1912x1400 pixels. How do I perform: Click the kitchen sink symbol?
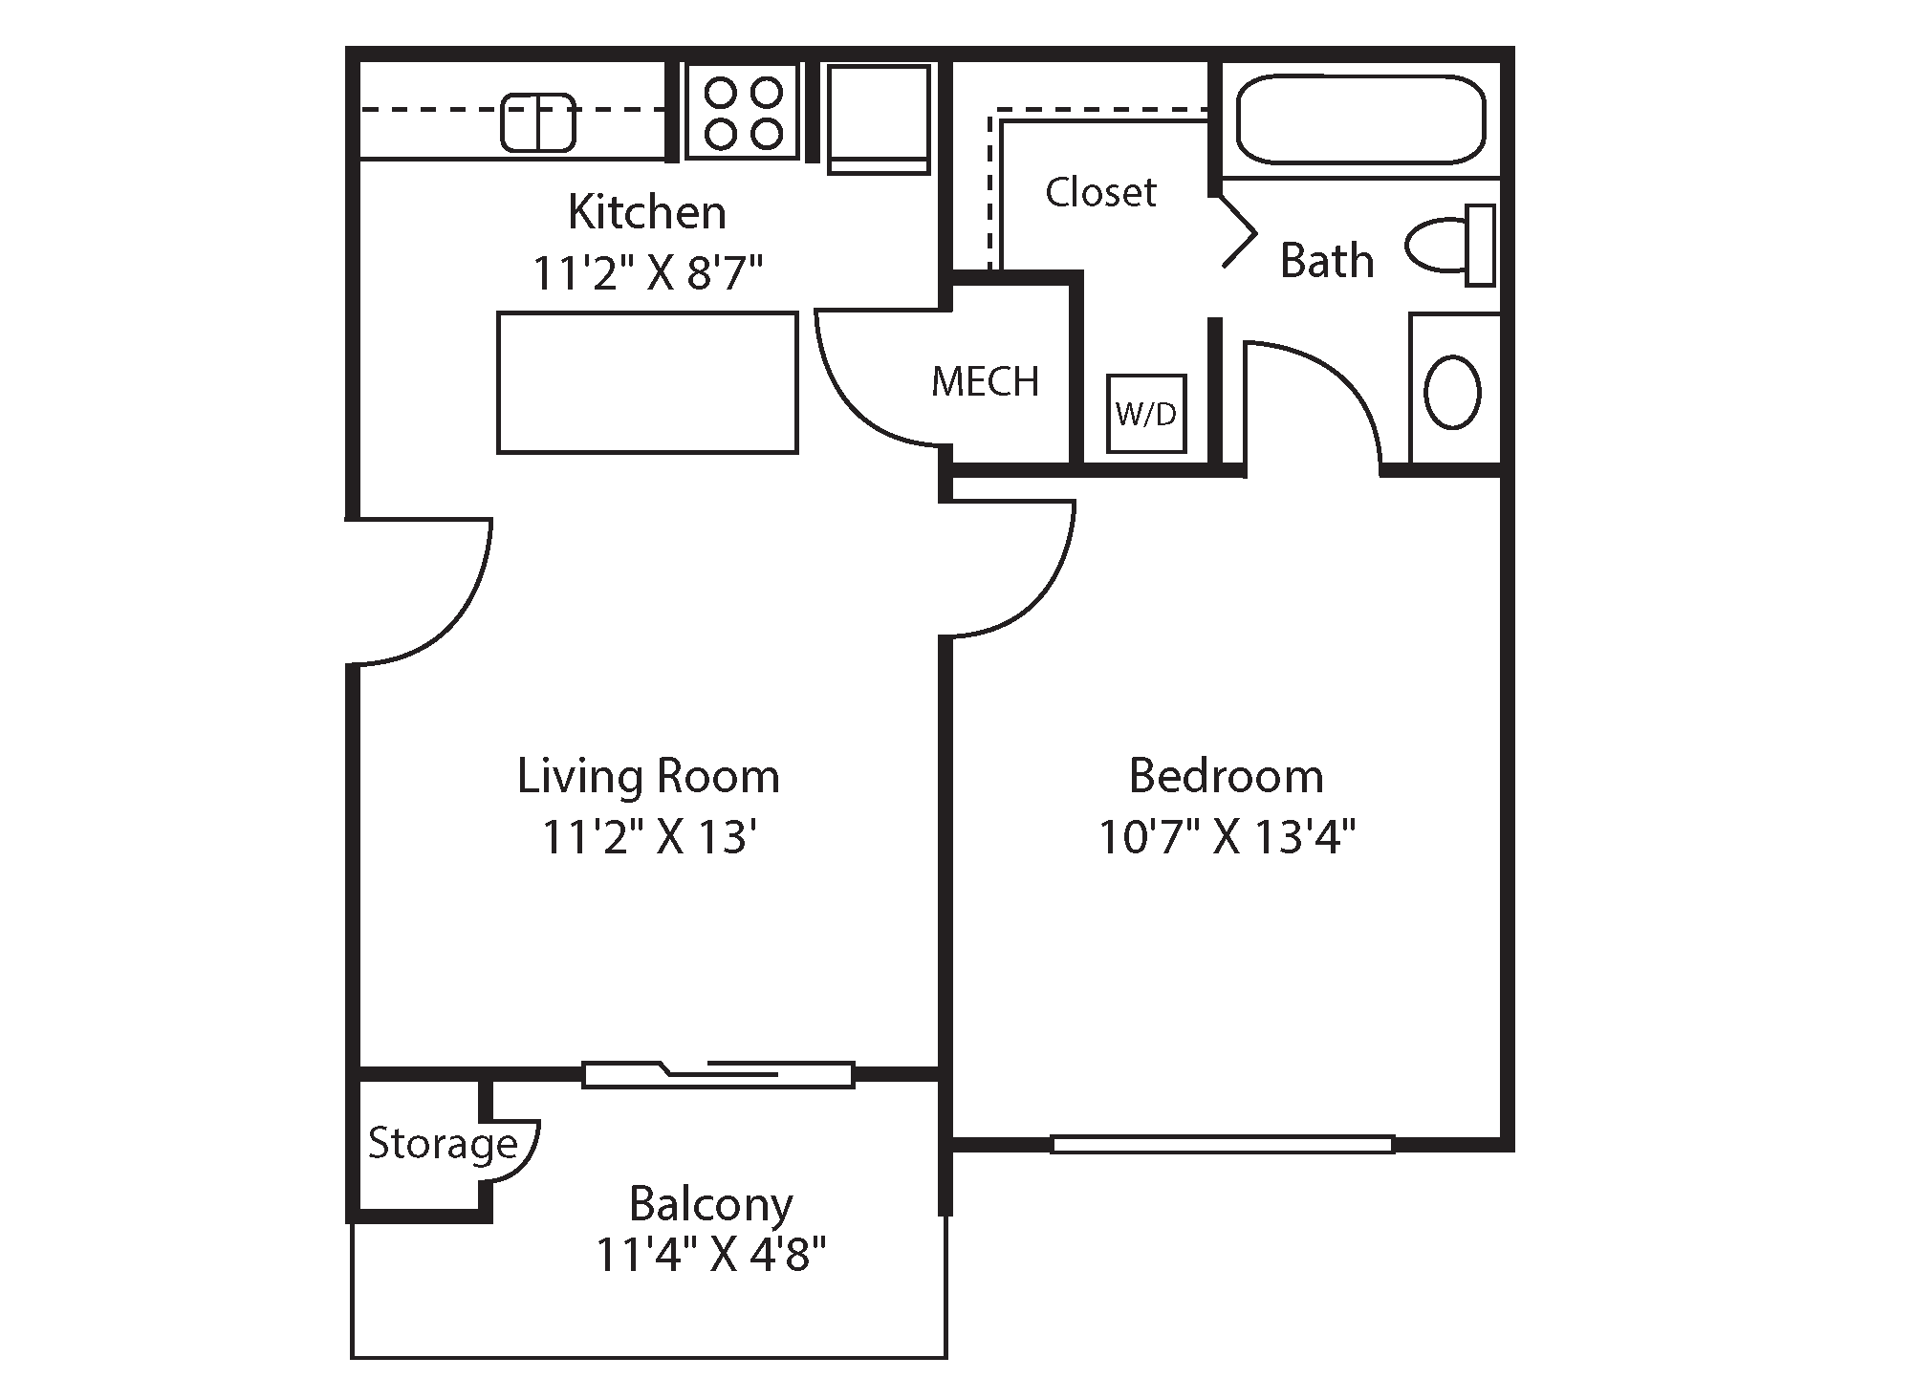pyautogui.click(x=538, y=122)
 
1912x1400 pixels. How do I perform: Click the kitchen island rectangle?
pyautogui.click(x=647, y=382)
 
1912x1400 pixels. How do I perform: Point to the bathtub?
pyautogui.click(x=1360, y=120)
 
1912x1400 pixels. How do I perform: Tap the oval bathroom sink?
pyautogui.click(x=1452, y=392)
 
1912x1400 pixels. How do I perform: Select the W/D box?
pyautogui.click(x=1146, y=414)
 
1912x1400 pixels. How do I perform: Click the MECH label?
pyautogui.click(x=985, y=382)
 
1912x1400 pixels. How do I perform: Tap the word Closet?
pyautogui.click(x=1100, y=192)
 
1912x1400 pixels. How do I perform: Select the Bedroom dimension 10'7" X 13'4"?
pyautogui.click(x=1227, y=838)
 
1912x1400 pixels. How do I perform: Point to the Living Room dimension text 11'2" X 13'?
pyautogui.click(x=650, y=838)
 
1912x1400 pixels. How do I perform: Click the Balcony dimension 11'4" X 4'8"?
pyautogui.click(x=710, y=1254)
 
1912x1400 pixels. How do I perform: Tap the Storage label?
pyautogui.click(x=443, y=1144)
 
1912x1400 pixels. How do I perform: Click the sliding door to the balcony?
pyautogui.click(x=718, y=1074)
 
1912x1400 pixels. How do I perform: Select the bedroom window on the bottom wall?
pyautogui.click(x=1222, y=1144)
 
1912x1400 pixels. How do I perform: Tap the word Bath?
pyautogui.click(x=1327, y=261)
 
